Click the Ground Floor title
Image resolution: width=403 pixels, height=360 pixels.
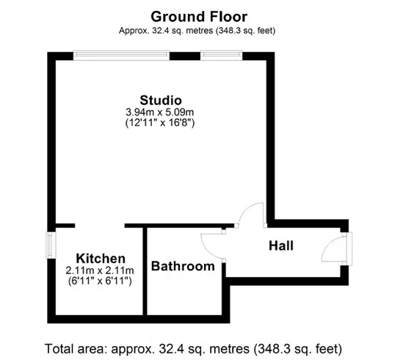199,17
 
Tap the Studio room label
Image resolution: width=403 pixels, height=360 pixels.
161,100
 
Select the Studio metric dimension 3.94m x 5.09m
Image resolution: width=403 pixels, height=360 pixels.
159,112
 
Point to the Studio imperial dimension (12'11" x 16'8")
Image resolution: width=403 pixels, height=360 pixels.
160,123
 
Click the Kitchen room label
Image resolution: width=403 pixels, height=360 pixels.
101,259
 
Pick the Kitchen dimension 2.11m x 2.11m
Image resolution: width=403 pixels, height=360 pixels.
100,270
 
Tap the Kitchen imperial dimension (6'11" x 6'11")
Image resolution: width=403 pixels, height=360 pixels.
100,281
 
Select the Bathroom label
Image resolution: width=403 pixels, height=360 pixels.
183,266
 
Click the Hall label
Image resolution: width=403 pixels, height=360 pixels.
281,245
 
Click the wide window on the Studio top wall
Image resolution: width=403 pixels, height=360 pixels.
121,55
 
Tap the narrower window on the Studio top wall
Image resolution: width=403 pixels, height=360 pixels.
221,55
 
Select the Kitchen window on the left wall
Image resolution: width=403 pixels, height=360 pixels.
51,245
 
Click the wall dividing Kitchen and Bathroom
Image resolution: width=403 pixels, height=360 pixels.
145,271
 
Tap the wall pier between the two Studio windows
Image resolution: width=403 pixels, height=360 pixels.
185,56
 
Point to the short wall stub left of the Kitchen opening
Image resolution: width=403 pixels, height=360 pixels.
65,226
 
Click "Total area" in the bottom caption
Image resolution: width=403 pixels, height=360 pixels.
75,349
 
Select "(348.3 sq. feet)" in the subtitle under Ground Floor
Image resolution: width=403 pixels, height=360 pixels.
246,31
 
